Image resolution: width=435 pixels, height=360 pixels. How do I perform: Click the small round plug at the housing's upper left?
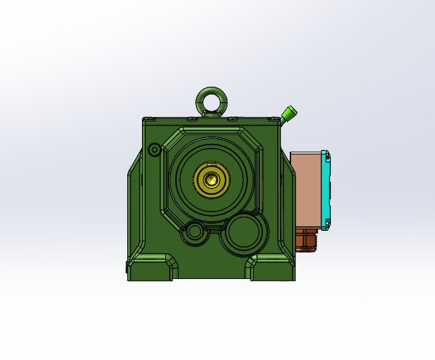coord(154,150)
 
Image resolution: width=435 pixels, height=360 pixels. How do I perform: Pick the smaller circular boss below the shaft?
coord(194,231)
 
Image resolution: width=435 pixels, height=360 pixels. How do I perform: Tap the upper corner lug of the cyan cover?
coord(326,155)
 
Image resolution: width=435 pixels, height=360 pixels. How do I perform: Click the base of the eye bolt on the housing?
coord(210,114)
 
